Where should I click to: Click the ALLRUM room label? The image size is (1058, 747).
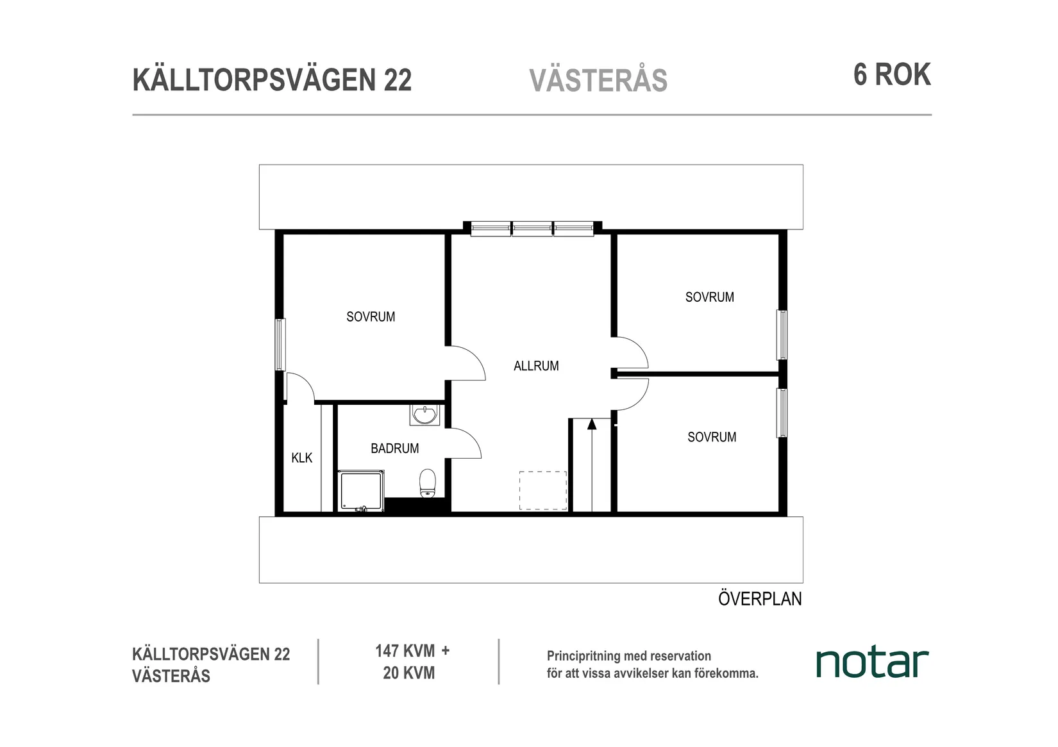click(536, 366)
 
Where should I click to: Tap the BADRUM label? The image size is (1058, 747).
click(394, 448)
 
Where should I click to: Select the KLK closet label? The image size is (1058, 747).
click(301, 457)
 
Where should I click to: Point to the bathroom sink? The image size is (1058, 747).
click(424, 415)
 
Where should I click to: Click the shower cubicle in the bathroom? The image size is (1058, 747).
click(361, 491)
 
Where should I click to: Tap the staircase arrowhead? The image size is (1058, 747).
click(591, 423)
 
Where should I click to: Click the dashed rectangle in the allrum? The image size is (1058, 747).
click(543, 491)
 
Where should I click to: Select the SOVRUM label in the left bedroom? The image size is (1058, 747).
click(371, 316)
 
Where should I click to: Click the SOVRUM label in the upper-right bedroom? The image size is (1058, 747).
click(709, 297)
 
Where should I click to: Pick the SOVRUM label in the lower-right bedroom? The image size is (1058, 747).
click(712, 437)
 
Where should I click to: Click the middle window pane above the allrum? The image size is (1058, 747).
click(532, 228)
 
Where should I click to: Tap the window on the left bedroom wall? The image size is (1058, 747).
click(280, 345)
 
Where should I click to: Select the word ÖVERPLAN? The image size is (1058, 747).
click(760, 598)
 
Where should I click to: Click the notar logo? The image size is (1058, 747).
click(872, 662)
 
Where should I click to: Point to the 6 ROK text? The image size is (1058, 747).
click(891, 75)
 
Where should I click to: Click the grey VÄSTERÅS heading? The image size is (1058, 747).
click(598, 81)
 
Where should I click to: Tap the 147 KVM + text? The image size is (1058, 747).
click(412, 651)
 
